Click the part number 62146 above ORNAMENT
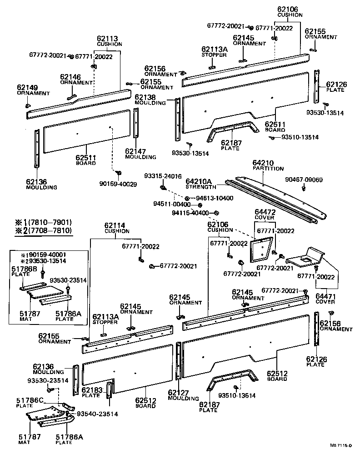click(70, 77)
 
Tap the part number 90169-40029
click(117, 185)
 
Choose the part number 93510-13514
click(300, 137)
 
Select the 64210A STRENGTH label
click(201, 184)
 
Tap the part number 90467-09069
click(304, 180)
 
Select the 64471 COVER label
click(325, 298)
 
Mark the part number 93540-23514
click(97, 414)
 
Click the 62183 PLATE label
click(91, 392)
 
